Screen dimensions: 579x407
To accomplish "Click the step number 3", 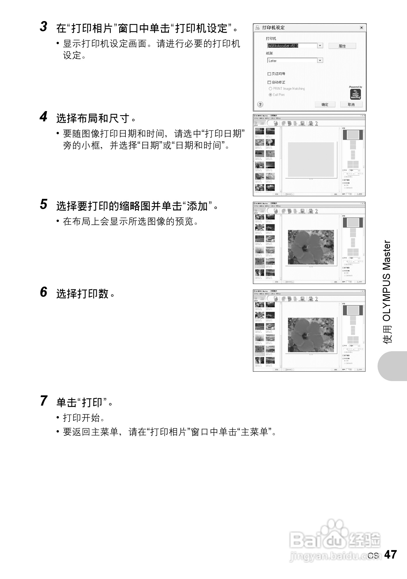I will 44,27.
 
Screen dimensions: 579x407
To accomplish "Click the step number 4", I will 44,117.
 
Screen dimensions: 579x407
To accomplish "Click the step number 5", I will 44,204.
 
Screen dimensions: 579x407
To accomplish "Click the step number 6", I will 44,292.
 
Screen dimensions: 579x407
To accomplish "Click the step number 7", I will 44,401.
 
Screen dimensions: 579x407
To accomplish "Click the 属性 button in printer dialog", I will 342,46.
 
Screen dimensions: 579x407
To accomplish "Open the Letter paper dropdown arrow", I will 320,61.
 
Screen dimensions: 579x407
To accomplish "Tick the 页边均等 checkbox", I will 269,74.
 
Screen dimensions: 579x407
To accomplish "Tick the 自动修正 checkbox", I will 269,82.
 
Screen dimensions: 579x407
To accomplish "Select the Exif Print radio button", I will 270,95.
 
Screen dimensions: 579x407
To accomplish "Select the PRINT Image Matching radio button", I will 270,89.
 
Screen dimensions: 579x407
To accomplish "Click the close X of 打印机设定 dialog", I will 361,28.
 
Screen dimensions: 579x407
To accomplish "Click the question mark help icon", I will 260,104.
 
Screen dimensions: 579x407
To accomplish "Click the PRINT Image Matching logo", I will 356,94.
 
